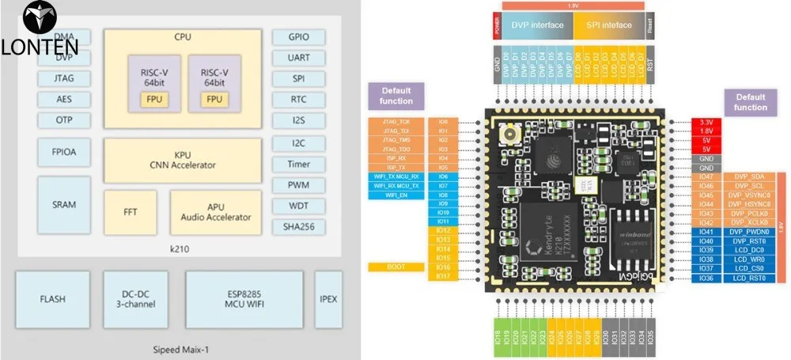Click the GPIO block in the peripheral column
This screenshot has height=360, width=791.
[x=299, y=36]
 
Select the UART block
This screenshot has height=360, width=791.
[x=299, y=58]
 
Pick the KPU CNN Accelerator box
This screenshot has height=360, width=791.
[x=182, y=161]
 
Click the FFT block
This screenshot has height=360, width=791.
[x=131, y=212]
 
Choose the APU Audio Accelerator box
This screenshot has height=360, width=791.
[x=216, y=212]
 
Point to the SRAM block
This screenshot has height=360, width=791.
[x=64, y=204]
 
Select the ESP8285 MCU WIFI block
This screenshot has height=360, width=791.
[x=244, y=299]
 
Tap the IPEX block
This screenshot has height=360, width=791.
[x=328, y=299]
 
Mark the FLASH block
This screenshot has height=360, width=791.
[x=52, y=299]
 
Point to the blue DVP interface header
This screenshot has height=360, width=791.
[x=538, y=25]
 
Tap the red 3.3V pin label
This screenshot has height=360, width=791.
[x=706, y=122]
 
